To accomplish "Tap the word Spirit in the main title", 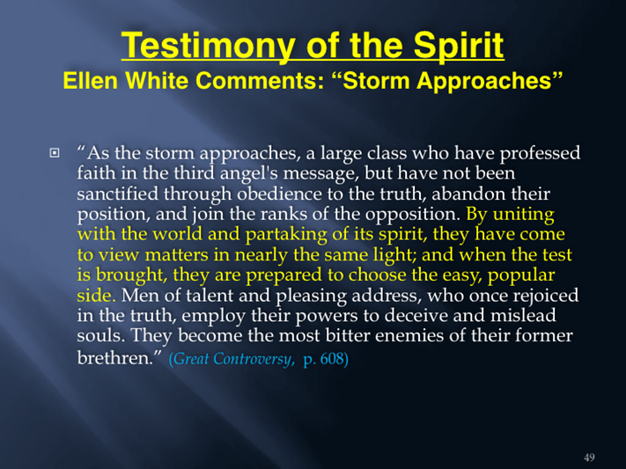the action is click(459, 46).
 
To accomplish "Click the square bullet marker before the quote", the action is click(55, 153).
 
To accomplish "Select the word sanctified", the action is click(117, 194).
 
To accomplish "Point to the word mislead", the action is click(523, 315).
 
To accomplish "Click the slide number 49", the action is click(589, 458).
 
